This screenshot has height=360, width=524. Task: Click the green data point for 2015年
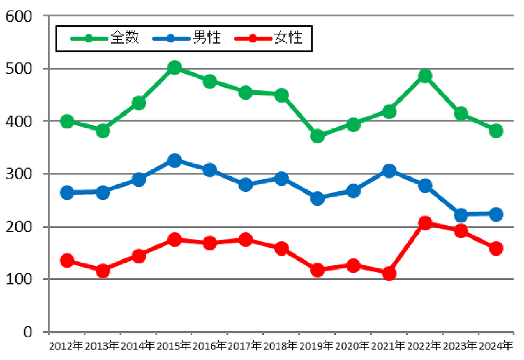coord(175,67)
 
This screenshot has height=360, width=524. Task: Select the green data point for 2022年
coord(425,76)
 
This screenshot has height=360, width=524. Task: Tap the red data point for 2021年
coord(389,274)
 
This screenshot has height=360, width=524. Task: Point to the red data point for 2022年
coord(425,223)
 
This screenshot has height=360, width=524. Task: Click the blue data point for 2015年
coord(175,160)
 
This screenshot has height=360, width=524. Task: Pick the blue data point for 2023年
coord(461,215)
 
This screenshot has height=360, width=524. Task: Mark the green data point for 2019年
coord(318,136)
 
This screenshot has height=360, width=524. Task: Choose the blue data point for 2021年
coord(389,171)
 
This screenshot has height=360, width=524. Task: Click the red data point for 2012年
coord(67,261)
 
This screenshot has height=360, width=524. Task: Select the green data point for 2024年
coord(496,130)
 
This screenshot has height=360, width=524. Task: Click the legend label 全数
coord(124,38)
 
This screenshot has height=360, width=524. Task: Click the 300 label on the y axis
coord(18,174)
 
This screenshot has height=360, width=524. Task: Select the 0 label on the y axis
coord(27,332)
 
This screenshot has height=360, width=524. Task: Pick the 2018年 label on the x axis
coord(280,346)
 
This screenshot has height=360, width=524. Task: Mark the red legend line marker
coord(252,38)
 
